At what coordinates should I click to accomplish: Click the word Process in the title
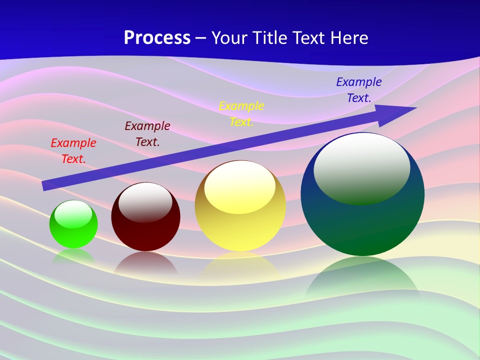157,38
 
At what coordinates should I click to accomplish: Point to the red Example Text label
73,151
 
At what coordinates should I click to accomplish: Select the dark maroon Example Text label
147,134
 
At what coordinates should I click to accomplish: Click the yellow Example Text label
241,114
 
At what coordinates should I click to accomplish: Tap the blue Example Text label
359,90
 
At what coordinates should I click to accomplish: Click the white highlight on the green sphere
73,214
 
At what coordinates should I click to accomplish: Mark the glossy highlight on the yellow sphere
240,186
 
